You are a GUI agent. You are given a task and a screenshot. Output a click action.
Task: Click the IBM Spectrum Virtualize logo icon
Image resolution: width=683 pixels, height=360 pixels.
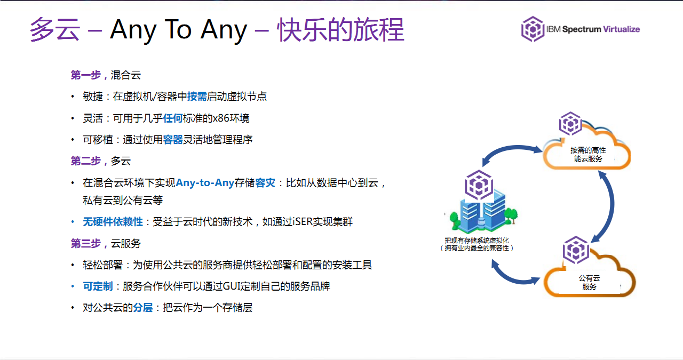(533, 29)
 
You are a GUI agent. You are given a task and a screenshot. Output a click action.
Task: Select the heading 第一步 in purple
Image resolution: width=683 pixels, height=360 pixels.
(86, 75)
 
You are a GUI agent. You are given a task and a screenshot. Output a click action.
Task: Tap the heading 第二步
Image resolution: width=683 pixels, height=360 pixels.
(86, 161)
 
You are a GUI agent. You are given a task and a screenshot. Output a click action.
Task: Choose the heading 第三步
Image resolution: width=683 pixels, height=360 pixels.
(86, 243)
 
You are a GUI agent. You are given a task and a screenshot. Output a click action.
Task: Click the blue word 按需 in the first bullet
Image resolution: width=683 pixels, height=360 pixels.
(197, 97)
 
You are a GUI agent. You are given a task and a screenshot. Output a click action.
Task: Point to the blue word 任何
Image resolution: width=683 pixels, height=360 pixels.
(173, 118)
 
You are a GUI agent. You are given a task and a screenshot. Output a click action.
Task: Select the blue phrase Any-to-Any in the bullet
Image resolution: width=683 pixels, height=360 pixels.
(205, 183)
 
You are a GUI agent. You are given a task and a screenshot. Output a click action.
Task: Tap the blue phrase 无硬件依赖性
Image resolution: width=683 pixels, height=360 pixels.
(113, 222)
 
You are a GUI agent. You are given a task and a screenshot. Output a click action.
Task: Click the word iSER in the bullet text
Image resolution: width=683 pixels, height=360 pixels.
(302, 222)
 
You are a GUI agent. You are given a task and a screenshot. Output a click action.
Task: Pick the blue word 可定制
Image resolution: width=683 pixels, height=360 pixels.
(98, 286)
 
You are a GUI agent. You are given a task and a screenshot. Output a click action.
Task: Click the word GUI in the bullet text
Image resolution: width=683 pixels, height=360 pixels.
(231, 286)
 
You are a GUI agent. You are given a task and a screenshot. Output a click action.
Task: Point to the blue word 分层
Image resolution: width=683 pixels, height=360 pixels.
(142, 308)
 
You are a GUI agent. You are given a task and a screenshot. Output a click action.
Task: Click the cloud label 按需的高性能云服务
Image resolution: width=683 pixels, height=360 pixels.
(588, 155)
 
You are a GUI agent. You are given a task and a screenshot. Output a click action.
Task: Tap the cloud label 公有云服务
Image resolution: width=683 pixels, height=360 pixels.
(590, 282)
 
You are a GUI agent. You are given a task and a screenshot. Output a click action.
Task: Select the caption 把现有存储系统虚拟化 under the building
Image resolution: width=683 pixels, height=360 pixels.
(477, 240)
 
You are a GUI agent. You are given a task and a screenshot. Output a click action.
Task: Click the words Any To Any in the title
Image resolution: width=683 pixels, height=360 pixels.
(179, 30)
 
